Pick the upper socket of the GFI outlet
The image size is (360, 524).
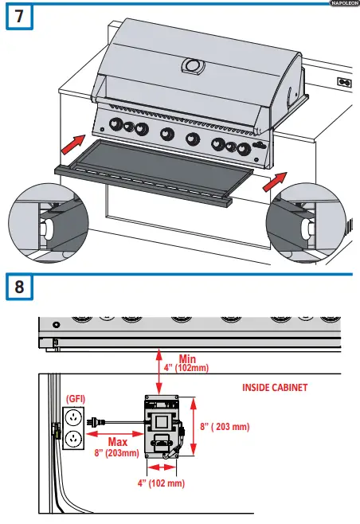(72, 416)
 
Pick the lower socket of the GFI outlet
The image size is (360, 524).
(72, 439)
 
